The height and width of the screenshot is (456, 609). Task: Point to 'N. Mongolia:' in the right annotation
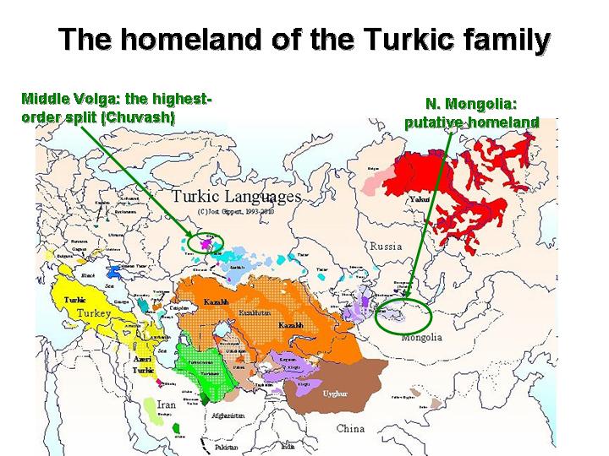click(x=470, y=104)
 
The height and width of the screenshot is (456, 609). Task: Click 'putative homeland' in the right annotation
click(x=470, y=122)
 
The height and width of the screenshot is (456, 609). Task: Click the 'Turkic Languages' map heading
click(x=236, y=196)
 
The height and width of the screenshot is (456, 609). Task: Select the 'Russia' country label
click(x=387, y=246)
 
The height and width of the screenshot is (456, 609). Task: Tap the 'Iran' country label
click(x=166, y=404)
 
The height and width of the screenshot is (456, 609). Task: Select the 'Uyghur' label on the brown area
click(x=335, y=394)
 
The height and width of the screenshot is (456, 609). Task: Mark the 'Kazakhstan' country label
click(x=255, y=312)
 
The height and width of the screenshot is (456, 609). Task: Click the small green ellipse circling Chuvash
click(x=201, y=242)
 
